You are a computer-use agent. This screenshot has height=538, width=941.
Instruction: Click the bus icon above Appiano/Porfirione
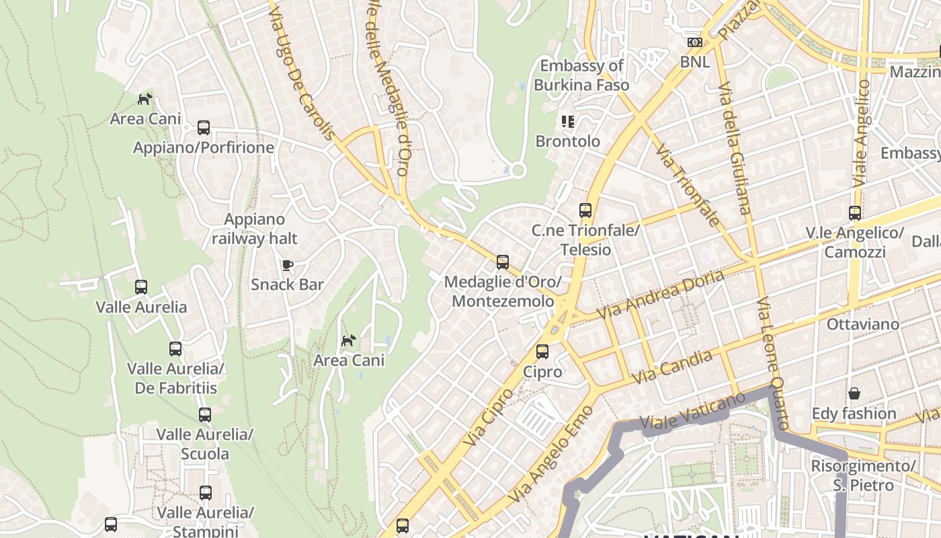pos(203,127)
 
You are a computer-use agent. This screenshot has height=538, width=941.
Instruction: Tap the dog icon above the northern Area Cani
pos(145,100)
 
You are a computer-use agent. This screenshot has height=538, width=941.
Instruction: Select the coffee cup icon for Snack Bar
pos(288,265)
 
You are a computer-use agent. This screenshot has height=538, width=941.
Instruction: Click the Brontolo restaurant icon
pos(568,122)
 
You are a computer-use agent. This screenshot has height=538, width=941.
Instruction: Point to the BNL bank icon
pos(694,42)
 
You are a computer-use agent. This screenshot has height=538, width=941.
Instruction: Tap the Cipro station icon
pos(542,351)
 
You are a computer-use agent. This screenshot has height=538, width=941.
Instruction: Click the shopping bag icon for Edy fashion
pos(854,393)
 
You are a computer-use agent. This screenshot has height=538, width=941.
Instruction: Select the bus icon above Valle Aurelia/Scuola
pos(205,414)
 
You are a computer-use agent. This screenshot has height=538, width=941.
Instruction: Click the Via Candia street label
pos(671,368)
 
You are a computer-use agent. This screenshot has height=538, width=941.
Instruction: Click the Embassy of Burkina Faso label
pos(581,75)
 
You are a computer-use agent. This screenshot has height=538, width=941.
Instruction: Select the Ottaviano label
pos(862,324)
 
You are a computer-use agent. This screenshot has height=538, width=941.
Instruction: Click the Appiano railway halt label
pos(255,229)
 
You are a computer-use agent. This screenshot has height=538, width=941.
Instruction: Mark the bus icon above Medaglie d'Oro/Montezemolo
pos(502,262)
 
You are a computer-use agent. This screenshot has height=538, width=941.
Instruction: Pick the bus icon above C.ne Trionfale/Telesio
pos(585,210)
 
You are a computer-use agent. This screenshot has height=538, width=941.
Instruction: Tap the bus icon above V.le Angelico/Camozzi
pos(854,213)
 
